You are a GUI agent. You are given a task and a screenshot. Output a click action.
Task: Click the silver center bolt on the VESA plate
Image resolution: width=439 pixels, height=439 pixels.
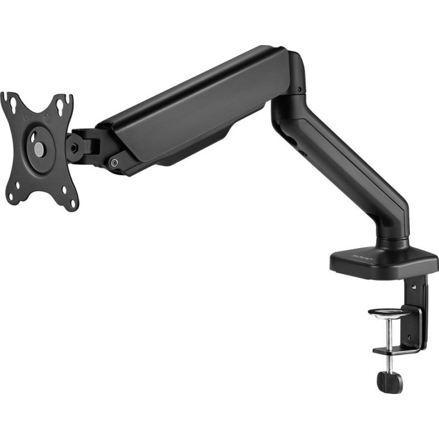point(38,148)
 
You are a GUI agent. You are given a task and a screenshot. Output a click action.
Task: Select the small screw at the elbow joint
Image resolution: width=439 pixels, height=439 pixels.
point(299,90)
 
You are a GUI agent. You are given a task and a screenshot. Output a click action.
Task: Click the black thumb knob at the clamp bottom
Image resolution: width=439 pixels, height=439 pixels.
point(390,381)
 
